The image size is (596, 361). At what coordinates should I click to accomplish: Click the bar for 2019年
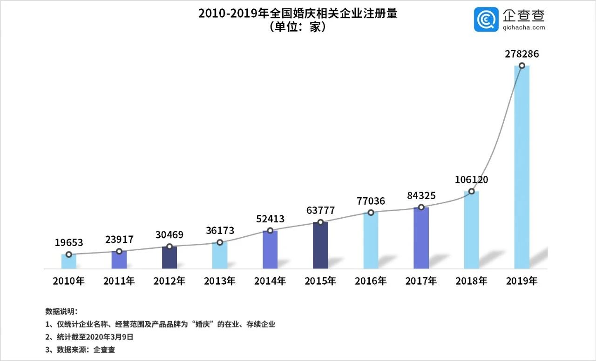tap(521, 167)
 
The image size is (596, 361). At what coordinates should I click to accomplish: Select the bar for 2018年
tap(471, 230)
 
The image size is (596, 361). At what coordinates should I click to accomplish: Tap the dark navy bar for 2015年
tap(320, 246)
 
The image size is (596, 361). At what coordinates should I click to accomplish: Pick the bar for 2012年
tap(169, 258)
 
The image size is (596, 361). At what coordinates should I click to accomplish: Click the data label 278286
tap(521, 54)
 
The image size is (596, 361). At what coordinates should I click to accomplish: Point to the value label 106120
tap(471, 180)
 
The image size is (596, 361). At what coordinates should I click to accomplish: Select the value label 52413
tap(270, 219)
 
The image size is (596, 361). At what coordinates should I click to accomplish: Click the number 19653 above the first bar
tap(68, 242)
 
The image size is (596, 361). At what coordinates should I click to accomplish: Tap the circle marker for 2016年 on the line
tap(371, 213)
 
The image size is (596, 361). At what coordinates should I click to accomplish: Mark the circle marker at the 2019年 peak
tap(522, 66)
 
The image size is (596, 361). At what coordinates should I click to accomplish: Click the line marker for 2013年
tap(220, 242)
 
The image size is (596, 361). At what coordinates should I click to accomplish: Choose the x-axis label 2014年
tap(270, 281)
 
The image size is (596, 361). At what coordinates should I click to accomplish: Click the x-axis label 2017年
tap(421, 281)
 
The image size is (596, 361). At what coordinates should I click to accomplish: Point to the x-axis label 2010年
tap(68, 281)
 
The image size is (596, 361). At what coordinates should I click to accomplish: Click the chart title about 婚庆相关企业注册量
tap(298, 13)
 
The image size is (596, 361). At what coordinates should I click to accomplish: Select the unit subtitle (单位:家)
tap(298, 27)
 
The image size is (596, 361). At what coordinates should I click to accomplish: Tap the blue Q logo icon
tap(486, 20)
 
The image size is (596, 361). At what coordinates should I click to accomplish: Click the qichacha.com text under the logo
tap(523, 27)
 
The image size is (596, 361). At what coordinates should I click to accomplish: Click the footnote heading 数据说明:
tap(61, 311)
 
